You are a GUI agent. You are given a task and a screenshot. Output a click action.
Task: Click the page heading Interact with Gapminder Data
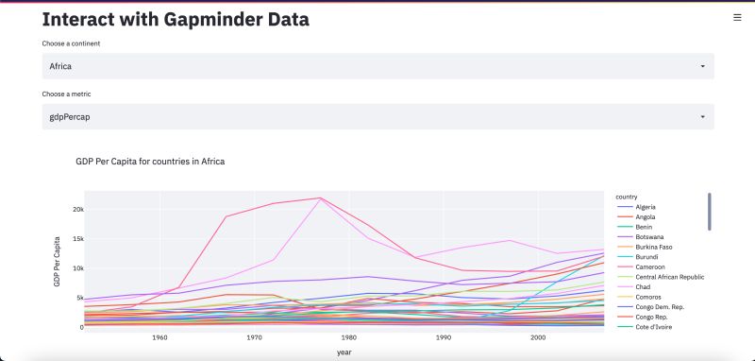pyautogui.click(x=176, y=19)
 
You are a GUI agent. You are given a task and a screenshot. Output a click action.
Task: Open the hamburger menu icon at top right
pyautogui.click(x=737, y=17)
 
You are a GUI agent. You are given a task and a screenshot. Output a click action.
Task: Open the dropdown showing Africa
pyautogui.click(x=377, y=66)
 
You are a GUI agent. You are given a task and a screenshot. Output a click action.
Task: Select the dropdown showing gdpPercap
pyautogui.click(x=377, y=116)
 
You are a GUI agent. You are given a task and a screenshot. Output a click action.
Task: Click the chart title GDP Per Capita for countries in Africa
pyautogui.click(x=149, y=162)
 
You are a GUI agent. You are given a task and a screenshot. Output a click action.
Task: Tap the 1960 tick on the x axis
pyautogui.click(x=159, y=337)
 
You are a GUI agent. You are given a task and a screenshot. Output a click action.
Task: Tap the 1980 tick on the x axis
pyautogui.click(x=349, y=337)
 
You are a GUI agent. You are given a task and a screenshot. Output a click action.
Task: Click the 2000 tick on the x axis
pyautogui.click(x=538, y=337)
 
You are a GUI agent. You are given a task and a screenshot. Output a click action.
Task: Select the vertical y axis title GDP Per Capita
pyautogui.click(x=57, y=260)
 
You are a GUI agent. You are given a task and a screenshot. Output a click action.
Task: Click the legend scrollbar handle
pyautogui.click(x=709, y=212)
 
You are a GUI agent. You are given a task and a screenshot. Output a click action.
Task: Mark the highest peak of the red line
pyautogui.click(x=320, y=198)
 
